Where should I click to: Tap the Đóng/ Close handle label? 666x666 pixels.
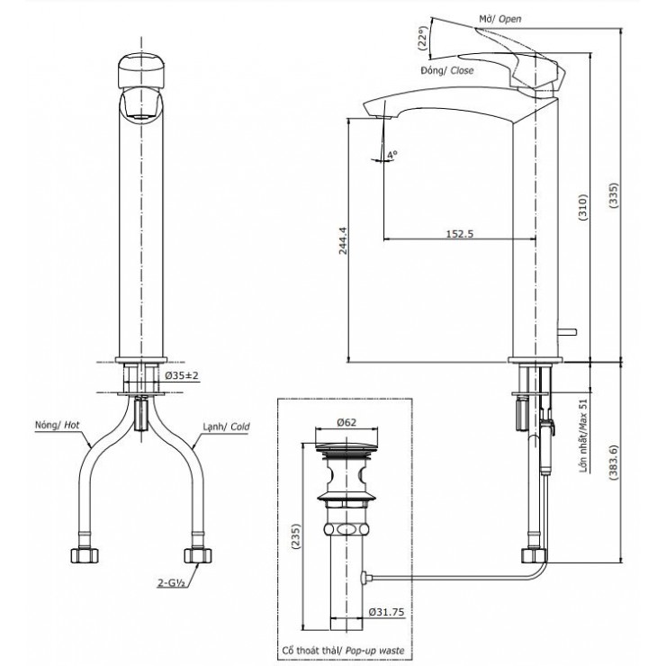(447, 69)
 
